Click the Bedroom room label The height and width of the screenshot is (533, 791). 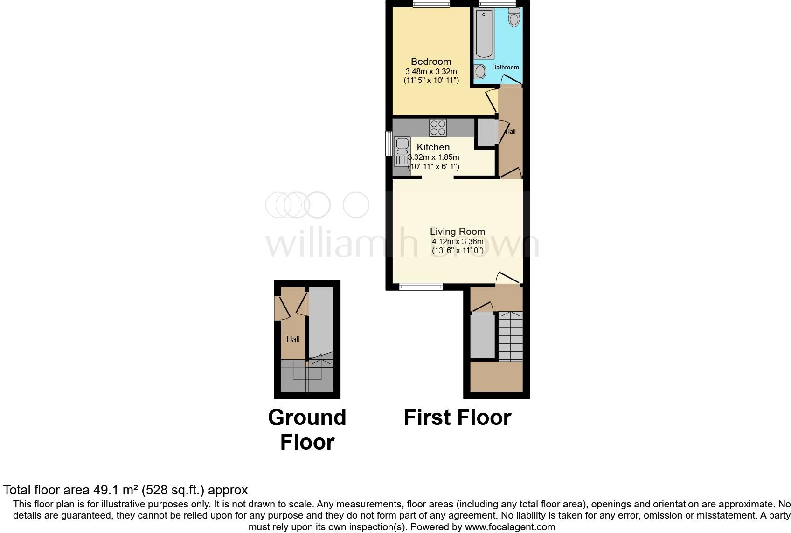430,61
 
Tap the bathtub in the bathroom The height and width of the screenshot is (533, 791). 484,35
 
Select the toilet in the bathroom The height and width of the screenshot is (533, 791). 514,17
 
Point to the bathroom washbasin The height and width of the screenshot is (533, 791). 480,71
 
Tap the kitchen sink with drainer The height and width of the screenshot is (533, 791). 402,151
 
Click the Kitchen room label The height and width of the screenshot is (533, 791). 433,147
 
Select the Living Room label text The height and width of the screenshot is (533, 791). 457,232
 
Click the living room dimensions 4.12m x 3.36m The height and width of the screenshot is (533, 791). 457,242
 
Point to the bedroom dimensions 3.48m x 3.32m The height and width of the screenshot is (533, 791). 430,72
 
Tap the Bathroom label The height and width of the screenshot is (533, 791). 505,67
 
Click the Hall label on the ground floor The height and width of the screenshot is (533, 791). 293,339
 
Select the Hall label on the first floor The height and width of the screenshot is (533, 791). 511,132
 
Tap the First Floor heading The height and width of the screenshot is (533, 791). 457,417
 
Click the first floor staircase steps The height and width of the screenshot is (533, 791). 510,336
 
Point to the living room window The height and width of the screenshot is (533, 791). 421,287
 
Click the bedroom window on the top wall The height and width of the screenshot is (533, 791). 431,4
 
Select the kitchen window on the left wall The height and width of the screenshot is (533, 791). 388,143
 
